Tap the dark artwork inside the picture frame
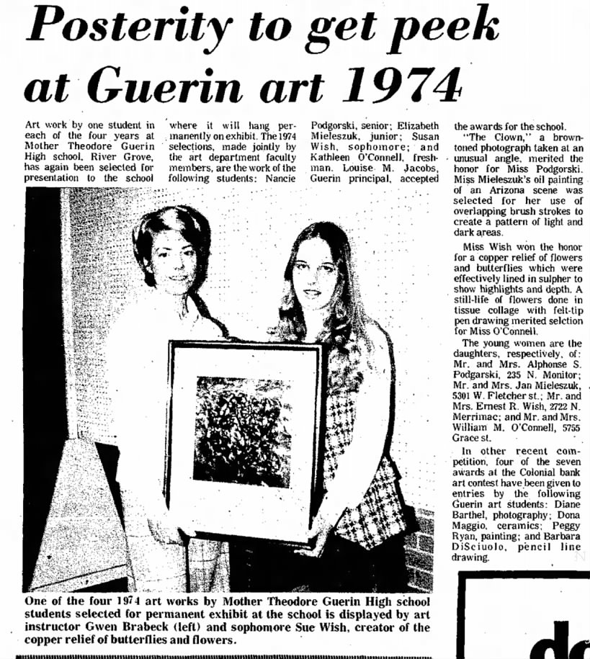(x=241, y=421)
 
